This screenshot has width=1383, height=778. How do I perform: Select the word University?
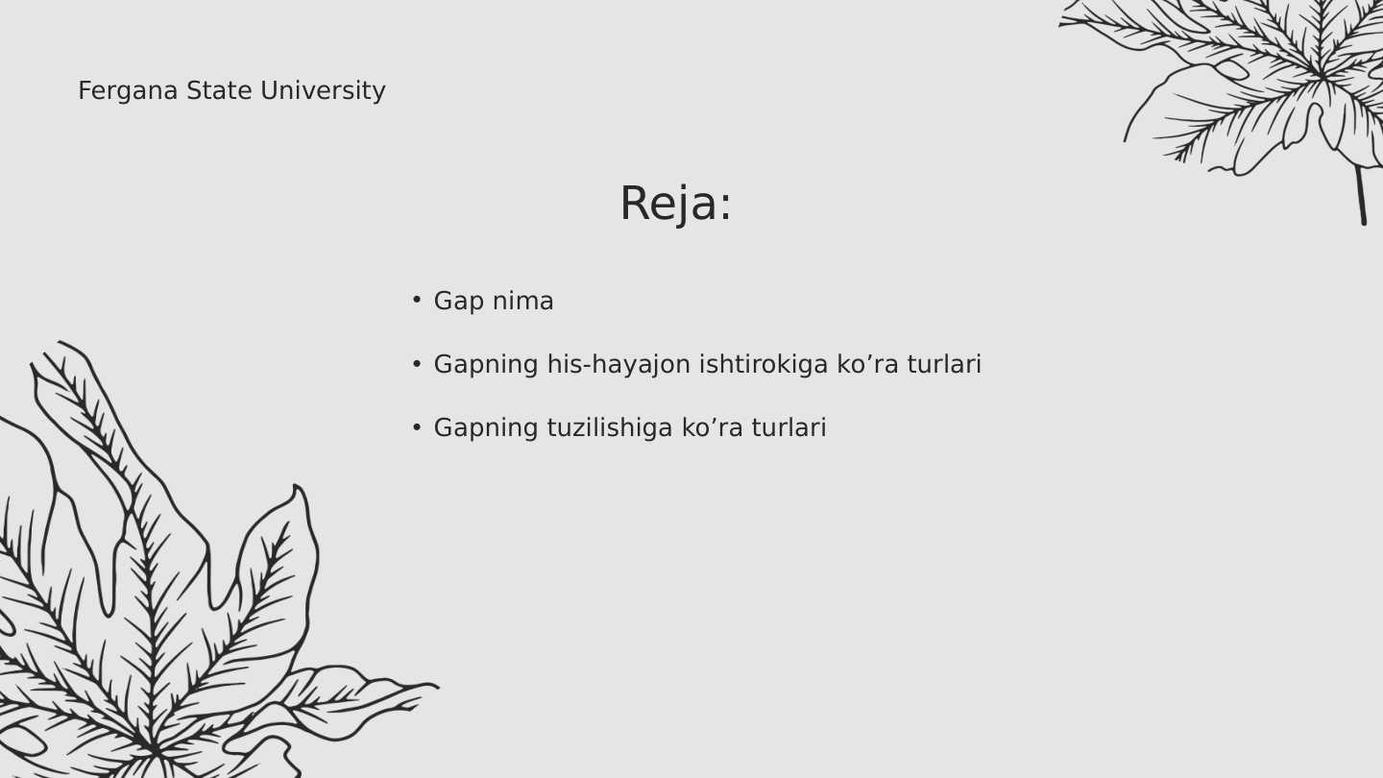click(323, 91)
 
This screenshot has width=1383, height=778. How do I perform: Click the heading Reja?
click(675, 204)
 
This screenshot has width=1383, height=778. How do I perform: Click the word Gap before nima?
click(458, 302)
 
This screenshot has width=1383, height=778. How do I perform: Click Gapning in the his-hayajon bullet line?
click(486, 365)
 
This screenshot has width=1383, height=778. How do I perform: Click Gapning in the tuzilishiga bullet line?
click(486, 428)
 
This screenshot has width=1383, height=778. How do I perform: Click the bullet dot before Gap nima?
click(417, 300)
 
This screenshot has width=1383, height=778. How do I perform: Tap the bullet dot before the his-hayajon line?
click(417, 364)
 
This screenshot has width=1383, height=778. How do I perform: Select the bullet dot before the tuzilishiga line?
click(417, 427)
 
